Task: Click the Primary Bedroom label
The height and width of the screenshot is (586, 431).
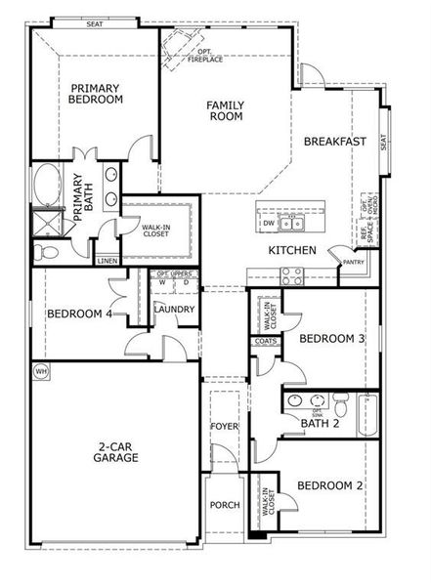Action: tap(96, 93)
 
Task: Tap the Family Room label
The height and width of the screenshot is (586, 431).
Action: tap(225, 110)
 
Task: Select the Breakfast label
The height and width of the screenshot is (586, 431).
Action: tap(334, 142)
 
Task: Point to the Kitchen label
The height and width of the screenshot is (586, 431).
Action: tap(292, 251)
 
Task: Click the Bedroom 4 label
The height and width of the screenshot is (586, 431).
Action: tap(80, 314)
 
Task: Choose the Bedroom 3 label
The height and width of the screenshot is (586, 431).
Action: tap(331, 339)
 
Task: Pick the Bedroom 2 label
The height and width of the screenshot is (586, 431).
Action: tap(330, 485)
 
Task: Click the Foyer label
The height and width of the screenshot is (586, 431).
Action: tap(225, 428)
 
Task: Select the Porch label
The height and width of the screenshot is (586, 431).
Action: tap(225, 505)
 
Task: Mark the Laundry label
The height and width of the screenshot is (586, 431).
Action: tap(175, 310)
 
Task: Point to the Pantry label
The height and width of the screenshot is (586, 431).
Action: tap(354, 262)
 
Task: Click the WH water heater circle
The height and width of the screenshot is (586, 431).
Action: tap(41, 371)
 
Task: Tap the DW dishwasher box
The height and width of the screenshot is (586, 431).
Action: tap(268, 224)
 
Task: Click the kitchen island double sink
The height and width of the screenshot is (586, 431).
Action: tap(290, 224)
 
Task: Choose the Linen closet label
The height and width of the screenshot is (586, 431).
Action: tap(108, 261)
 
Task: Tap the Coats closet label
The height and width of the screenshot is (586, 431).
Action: tap(264, 341)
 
